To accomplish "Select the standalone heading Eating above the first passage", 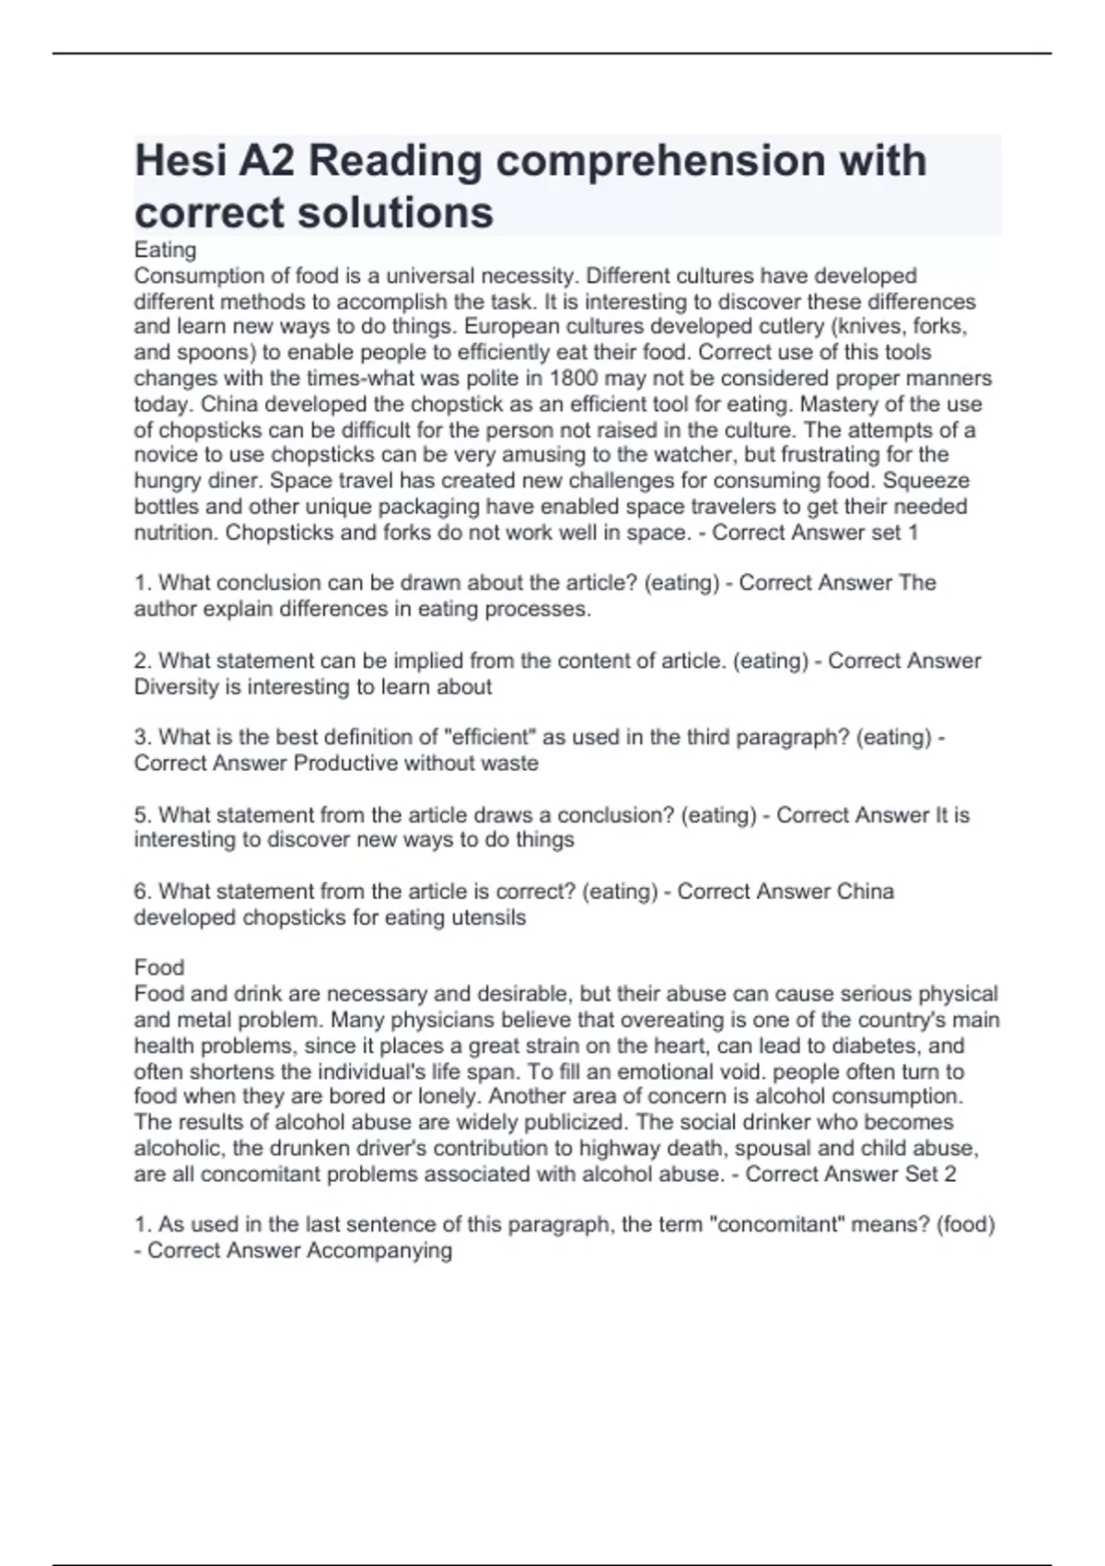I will [165, 250].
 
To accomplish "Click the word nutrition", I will [176, 532].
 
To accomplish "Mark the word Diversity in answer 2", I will [177, 687].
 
